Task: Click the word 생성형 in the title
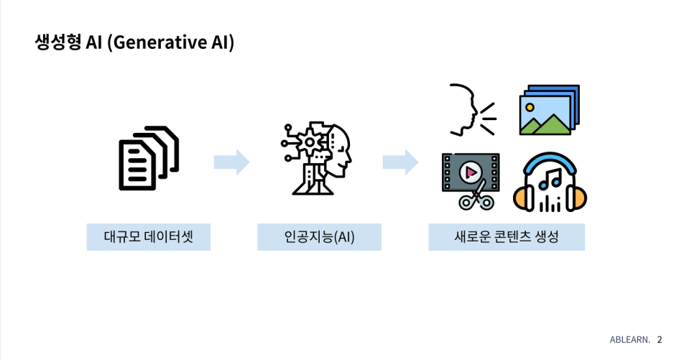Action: (57, 42)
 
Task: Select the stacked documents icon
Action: (149, 158)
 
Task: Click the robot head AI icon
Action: (316, 160)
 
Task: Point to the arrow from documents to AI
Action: (231, 162)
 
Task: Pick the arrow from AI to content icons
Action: (400, 162)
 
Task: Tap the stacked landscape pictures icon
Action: (549, 110)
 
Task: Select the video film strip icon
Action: (471, 180)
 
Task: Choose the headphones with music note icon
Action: (550, 183)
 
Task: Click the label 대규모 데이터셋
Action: (149, 236)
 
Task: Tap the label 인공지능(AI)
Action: (319, 236)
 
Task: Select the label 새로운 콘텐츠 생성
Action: (506, 236)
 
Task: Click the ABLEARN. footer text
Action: (629, 340)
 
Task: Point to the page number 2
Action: (660, 340)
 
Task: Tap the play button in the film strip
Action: (471, 172)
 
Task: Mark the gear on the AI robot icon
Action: (310, 142)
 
